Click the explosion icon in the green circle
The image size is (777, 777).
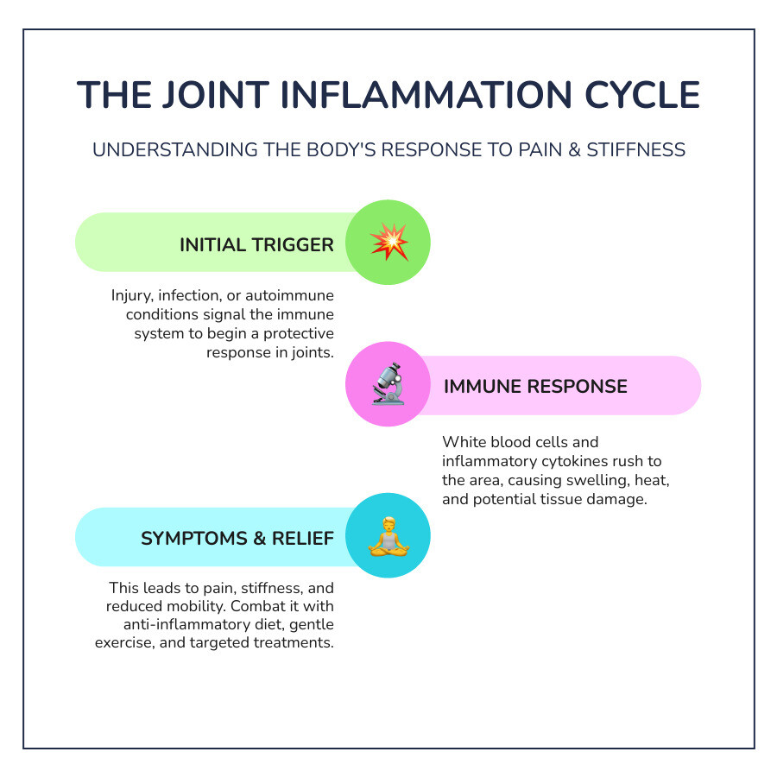[388, 243]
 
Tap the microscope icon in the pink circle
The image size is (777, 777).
[388, 385]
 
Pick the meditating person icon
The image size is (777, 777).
[388, 536]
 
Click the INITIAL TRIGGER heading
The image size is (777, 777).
[256, 245]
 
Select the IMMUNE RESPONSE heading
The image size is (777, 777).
[535, 386]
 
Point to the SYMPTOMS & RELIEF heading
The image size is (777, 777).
[237, 539]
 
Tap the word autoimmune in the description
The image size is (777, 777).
[289, 295]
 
